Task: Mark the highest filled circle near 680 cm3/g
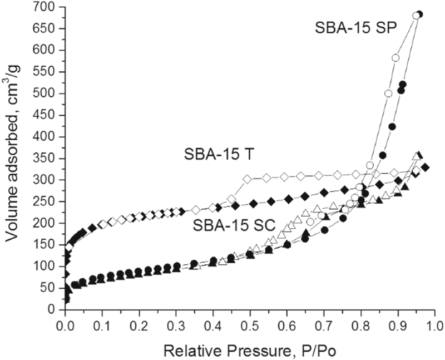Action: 419,14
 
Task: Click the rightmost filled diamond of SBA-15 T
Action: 425,167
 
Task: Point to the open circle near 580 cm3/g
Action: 395,58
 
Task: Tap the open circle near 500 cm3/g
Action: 389,93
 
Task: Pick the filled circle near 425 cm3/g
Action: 392,126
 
